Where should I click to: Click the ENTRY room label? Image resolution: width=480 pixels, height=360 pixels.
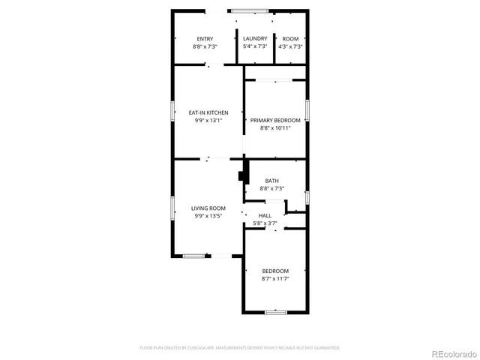[205, 39]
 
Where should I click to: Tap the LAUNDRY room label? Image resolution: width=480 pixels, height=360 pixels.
[255, 39]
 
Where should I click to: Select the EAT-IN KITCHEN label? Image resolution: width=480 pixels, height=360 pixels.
[208, 112]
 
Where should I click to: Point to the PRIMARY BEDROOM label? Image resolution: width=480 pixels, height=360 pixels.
[275, 120]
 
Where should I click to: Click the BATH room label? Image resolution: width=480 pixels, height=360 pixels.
[272, 181]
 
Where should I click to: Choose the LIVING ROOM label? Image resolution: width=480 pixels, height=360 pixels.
[208, 208]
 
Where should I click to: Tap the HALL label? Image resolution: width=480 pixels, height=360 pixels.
[265, 215]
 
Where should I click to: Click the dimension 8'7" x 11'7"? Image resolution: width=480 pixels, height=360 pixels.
[275, 278]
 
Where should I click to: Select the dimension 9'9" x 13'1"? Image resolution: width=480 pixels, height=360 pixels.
[208, 120]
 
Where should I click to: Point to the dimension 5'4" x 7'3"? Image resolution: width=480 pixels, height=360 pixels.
[255, 46]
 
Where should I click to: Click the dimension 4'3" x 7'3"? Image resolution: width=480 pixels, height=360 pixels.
[290, 46]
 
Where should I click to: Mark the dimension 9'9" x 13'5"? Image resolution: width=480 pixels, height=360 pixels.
[208, 215]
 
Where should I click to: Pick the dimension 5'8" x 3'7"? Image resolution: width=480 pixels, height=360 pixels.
[265, 223]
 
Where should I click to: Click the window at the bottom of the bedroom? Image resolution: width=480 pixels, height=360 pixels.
[275, 311]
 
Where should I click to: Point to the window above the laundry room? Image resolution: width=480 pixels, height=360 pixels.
[251, 10]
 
